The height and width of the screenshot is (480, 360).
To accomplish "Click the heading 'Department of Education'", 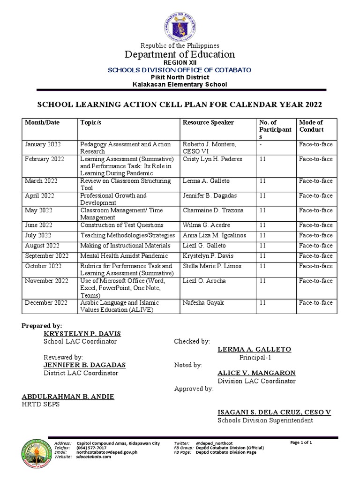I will point(180,54).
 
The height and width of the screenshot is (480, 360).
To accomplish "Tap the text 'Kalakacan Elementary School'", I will point(180,84).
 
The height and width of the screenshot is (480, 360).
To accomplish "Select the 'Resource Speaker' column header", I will point(208,122).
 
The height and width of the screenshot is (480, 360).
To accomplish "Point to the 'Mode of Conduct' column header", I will point(311,126).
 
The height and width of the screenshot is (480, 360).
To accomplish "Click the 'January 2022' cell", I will point(43,144).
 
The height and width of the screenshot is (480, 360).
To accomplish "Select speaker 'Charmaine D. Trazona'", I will point(213,210).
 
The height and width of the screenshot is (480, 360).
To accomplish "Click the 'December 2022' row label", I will point(45,303).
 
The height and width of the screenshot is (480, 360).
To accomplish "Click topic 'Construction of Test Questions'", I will point(122,225).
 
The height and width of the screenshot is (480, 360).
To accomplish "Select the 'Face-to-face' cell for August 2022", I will point(315,246).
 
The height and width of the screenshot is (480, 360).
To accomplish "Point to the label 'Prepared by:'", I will point(42,325).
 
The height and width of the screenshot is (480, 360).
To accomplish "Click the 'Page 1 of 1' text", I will point(301,442).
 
